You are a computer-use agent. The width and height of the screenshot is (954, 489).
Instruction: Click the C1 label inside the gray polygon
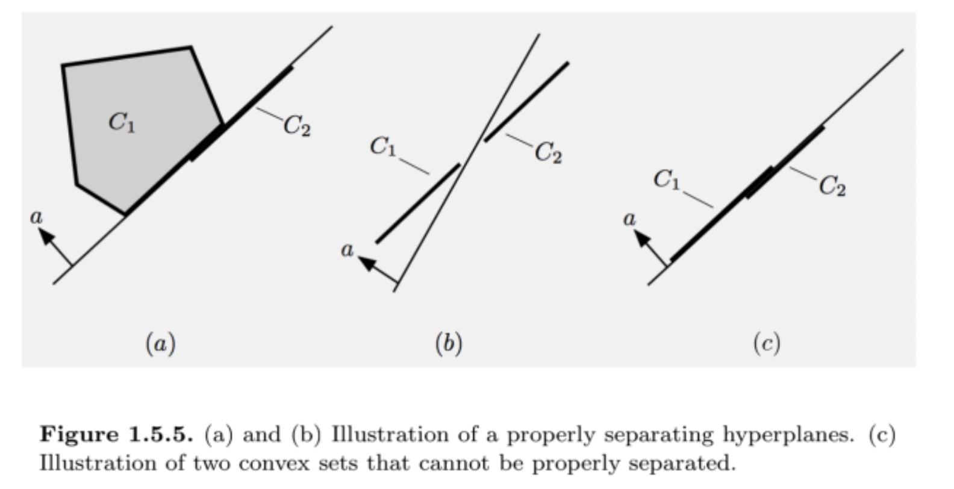(x=122, y=122)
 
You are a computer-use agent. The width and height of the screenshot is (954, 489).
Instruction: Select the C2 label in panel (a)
(x=297, y=126)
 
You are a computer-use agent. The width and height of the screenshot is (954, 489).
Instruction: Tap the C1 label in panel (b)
(x=383, y=146)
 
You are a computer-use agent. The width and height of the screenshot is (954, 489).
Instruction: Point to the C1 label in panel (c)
(x=667, y=179)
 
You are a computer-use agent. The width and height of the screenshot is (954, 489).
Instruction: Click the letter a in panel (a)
(x=37, y=217)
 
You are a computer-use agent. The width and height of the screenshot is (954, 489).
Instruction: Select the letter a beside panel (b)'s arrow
(x=347, y=249)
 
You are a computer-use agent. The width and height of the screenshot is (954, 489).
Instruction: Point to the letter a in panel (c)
(x=629, y=219)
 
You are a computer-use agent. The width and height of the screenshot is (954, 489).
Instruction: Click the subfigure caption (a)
(x=160, y=343)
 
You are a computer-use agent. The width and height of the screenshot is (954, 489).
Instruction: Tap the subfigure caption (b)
(x=449, y=343)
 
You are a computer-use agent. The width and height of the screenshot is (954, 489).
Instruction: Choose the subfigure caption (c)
(x=766, y=343)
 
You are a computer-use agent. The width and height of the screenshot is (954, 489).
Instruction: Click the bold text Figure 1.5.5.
(x=117, y=434)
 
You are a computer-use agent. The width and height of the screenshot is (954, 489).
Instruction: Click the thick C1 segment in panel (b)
(x=418, y=203)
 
